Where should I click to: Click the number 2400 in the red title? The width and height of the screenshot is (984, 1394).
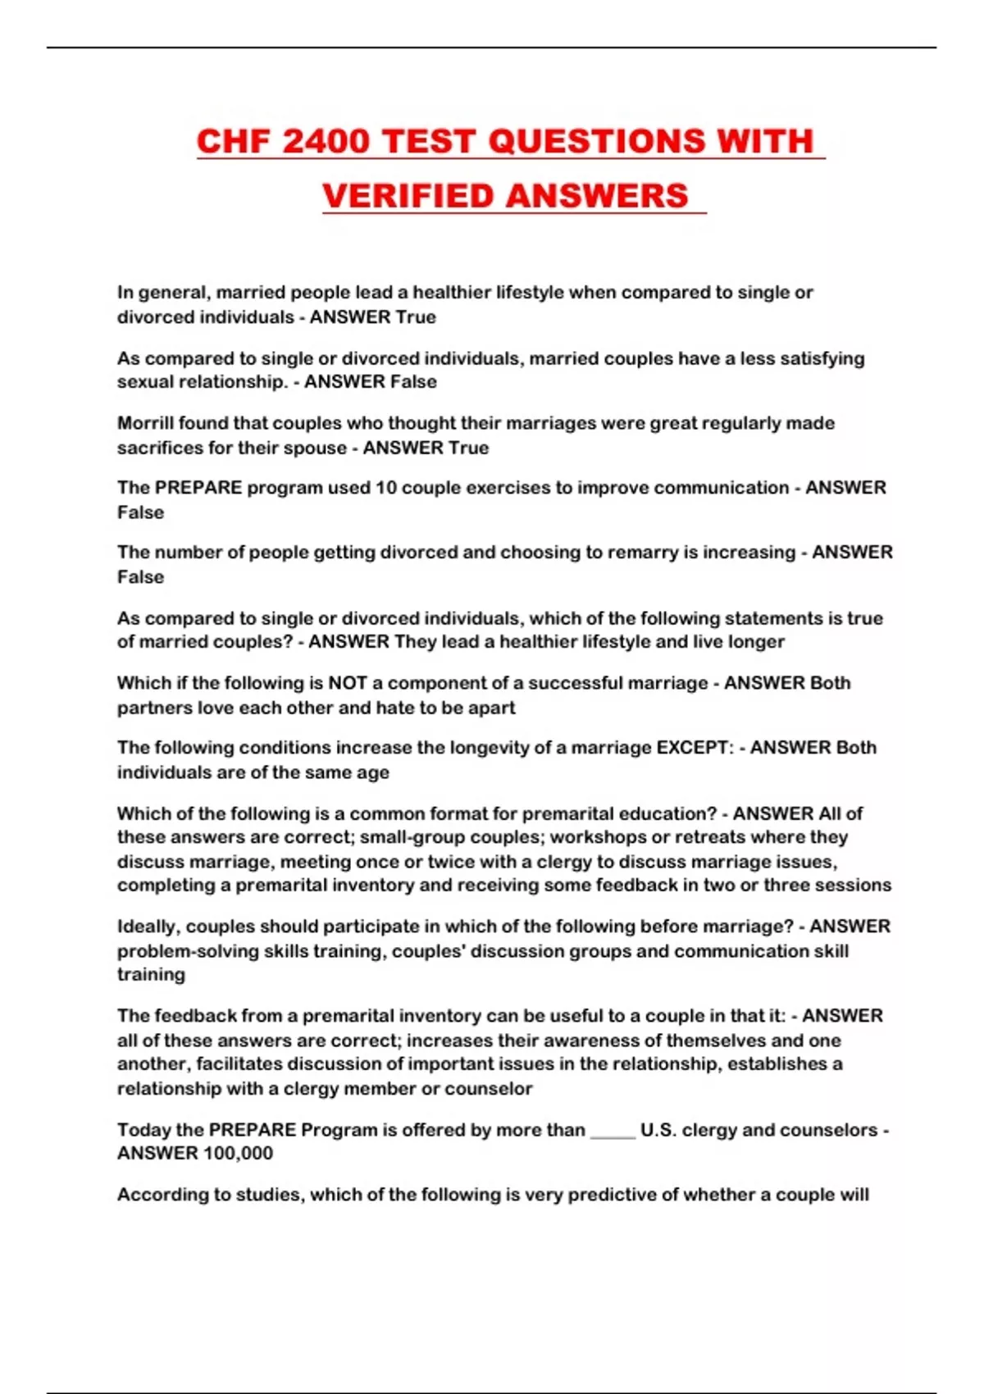pos(326,141)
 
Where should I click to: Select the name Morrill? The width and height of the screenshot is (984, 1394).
pos(145,423)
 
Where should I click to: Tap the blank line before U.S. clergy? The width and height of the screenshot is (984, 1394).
pos(612,1130)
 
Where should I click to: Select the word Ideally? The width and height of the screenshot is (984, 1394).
pos(148,927)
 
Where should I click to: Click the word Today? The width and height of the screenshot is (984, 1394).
pos(143,1130)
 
